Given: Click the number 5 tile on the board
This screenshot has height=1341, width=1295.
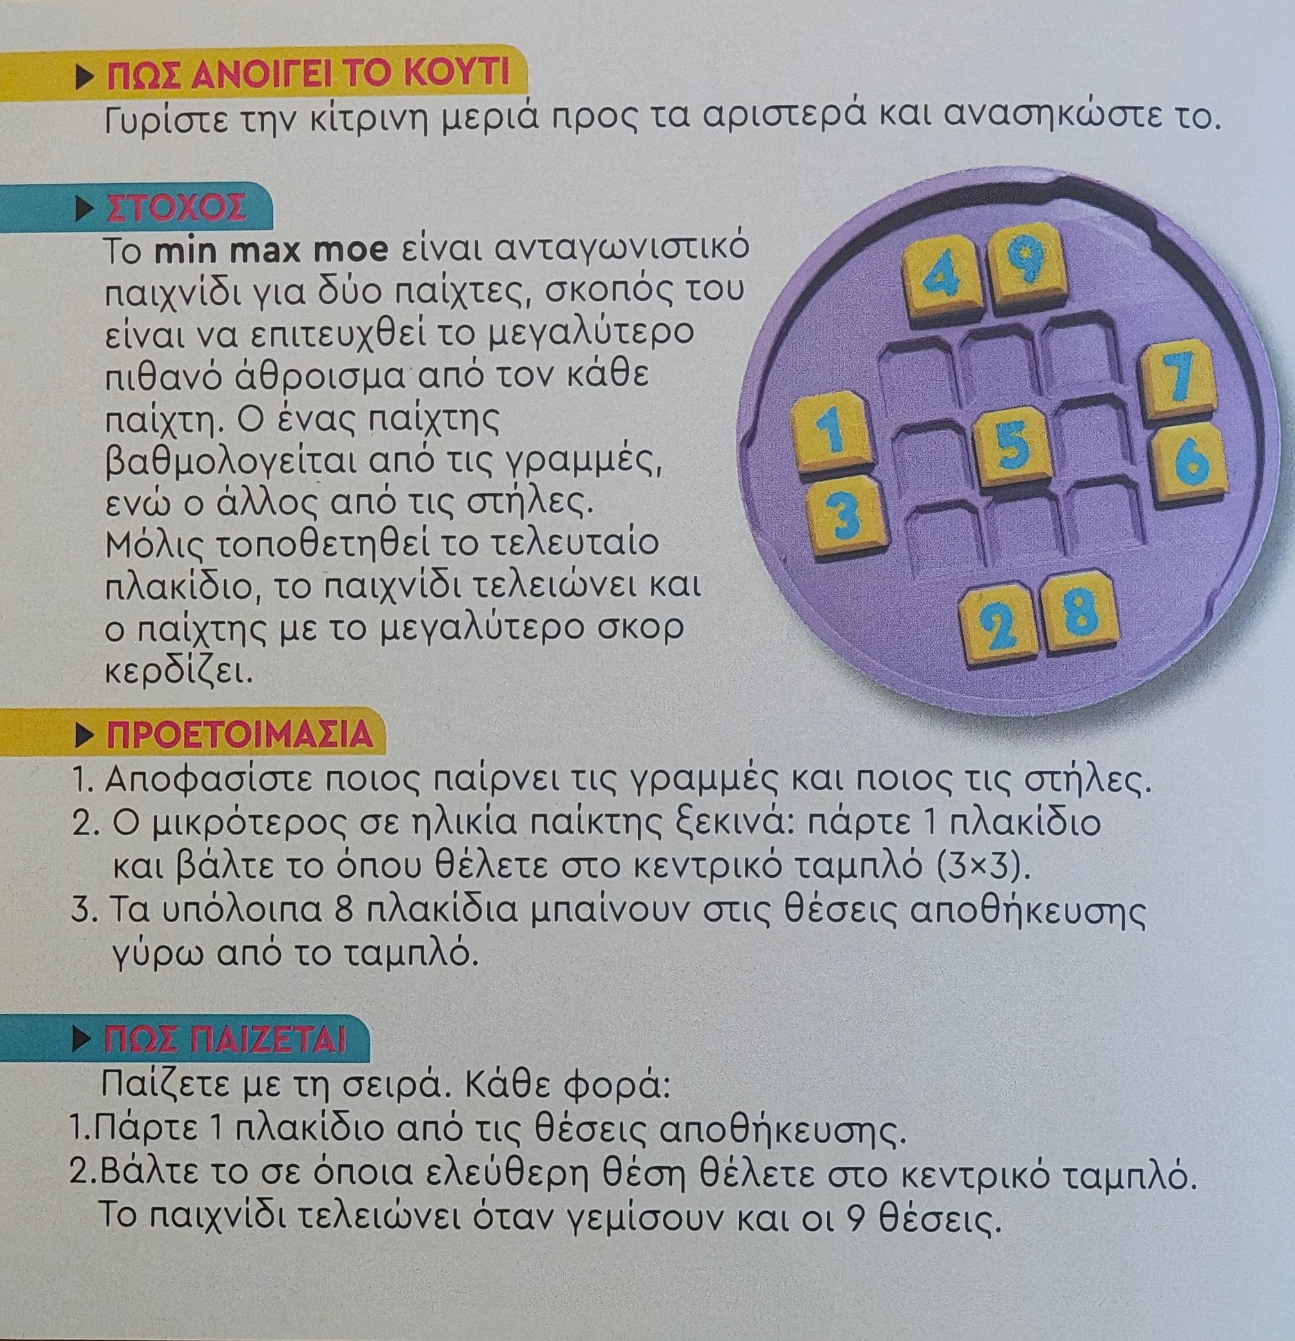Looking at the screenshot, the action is pos(1013,448).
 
